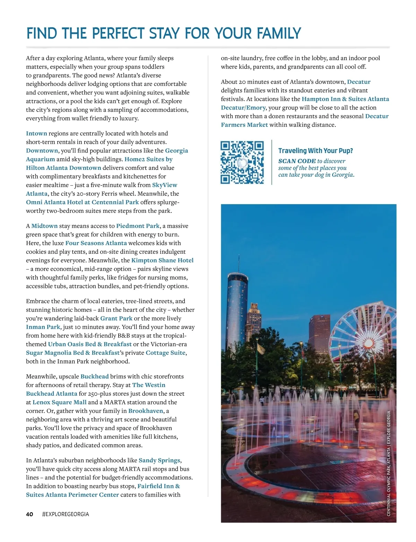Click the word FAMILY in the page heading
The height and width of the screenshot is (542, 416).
click(279, 34)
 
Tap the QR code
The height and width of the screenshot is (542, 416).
click(242, 162)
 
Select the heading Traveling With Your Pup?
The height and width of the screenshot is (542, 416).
click(315, 151)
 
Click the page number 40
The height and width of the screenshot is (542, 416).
click(29, 514)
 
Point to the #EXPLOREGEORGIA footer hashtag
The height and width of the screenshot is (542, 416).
click(66, 514)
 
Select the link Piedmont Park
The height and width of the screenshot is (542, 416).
click(138, 226)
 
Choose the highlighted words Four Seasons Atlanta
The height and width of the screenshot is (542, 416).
click(96, 243)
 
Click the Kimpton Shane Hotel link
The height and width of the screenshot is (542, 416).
click(162, 260)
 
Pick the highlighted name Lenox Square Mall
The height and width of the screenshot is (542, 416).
click(59, 402)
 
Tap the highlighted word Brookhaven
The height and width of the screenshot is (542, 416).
click(146, 411)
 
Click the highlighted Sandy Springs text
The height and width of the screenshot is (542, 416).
click(159, 461)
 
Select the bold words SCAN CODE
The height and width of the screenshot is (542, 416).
click(297, 161)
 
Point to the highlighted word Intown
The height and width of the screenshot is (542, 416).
click(36, 133)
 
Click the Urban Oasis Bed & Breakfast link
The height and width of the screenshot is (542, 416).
click(90, 344)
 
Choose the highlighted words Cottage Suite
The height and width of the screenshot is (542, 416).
click(166, 353)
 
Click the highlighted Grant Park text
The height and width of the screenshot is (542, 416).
click(116, 318)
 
